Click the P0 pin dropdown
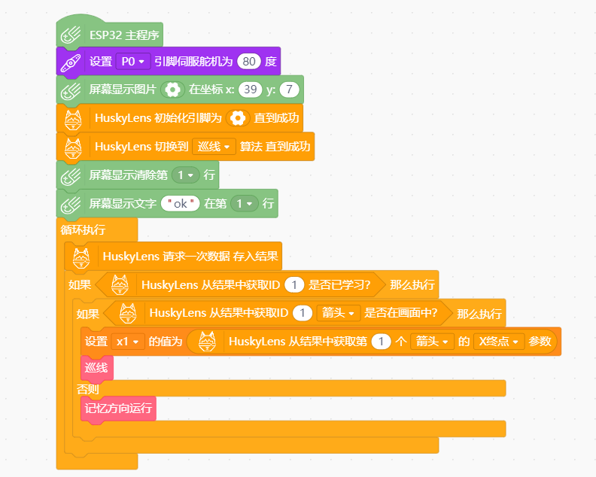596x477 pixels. pos(133,61)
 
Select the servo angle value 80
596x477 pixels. pos(249,61)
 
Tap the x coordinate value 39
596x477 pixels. pos(250,90)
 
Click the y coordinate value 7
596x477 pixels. pos(289,90)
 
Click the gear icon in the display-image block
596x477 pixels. pos(172,90)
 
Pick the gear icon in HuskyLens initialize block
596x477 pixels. pos(238,118)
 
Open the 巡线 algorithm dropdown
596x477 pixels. pos(214,146)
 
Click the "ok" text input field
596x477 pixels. pos(180,204)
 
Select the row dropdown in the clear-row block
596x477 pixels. pos(185,175)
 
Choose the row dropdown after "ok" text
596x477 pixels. pos(244,204)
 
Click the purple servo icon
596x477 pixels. pos(71,62)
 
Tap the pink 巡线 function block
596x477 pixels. pos(96,368)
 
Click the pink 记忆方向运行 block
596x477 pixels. pos(118,409)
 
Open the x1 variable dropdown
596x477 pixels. pos(128,342)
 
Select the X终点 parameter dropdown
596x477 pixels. pos(499,342)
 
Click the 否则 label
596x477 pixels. pos(88,389)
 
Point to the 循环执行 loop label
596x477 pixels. pos(83,229)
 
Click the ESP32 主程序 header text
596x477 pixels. pos(124,35)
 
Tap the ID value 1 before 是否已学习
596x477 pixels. pos(294,284)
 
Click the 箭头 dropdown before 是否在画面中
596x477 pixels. pos(339,313)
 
